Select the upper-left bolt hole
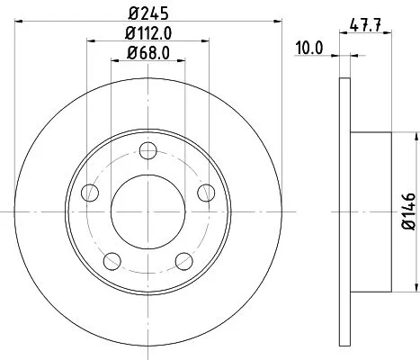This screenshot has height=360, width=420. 88,193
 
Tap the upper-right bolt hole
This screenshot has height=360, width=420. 206,193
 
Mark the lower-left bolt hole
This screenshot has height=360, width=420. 111,261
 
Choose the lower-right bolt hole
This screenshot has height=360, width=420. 183,261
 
